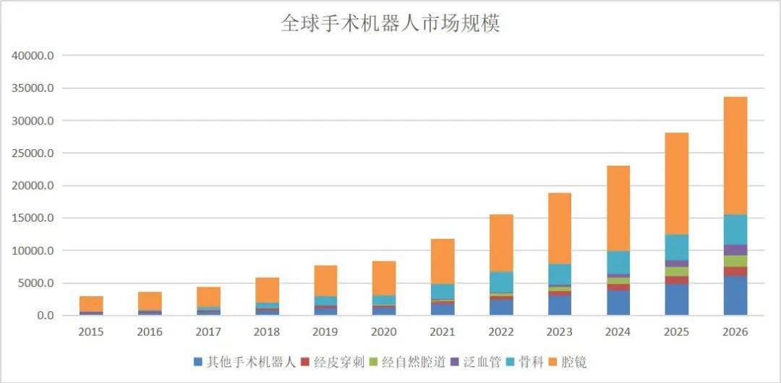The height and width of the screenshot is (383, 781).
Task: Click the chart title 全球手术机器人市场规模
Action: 390,24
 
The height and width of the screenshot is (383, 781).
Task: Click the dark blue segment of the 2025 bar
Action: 677,299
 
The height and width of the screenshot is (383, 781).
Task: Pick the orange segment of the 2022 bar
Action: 501,243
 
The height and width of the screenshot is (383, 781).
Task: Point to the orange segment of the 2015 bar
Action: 91,303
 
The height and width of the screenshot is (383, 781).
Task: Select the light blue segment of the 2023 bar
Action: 560,274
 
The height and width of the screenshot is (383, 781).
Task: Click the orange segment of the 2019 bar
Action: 325,280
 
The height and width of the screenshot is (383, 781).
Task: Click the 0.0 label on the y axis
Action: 45,316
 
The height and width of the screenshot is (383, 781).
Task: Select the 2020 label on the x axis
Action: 384,332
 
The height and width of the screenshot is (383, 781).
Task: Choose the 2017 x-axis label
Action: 208,332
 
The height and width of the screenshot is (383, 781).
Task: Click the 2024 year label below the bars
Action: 618,332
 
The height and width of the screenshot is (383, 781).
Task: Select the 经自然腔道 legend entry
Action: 411,362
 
